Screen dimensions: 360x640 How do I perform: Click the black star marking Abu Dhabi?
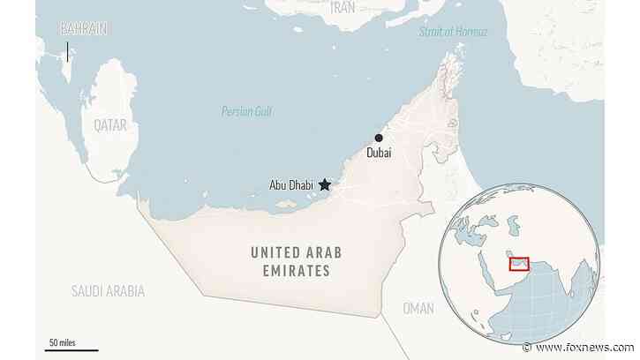pos(325,184)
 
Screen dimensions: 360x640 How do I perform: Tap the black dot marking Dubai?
pos(379,138)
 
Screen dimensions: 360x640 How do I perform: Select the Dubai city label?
pos(377,154)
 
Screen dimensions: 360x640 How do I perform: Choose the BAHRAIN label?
pos(85,29)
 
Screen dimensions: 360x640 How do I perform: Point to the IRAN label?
pos(343,8)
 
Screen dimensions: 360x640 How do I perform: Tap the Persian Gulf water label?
pos(246,111)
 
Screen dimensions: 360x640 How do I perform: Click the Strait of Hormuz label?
pos(452,32)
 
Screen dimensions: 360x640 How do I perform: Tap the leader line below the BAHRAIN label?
pos(67,49)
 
